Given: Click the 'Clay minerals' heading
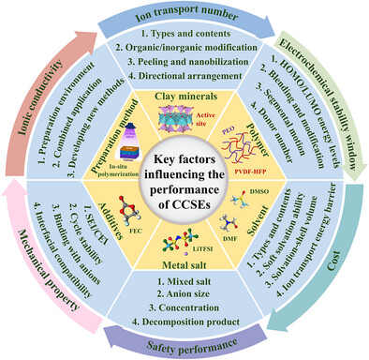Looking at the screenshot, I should click(184, 97).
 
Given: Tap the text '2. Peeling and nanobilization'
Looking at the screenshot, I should click(184, 68).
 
